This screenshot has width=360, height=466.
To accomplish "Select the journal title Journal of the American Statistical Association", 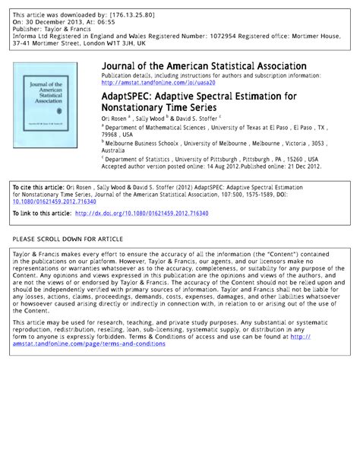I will click(204, 67).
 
